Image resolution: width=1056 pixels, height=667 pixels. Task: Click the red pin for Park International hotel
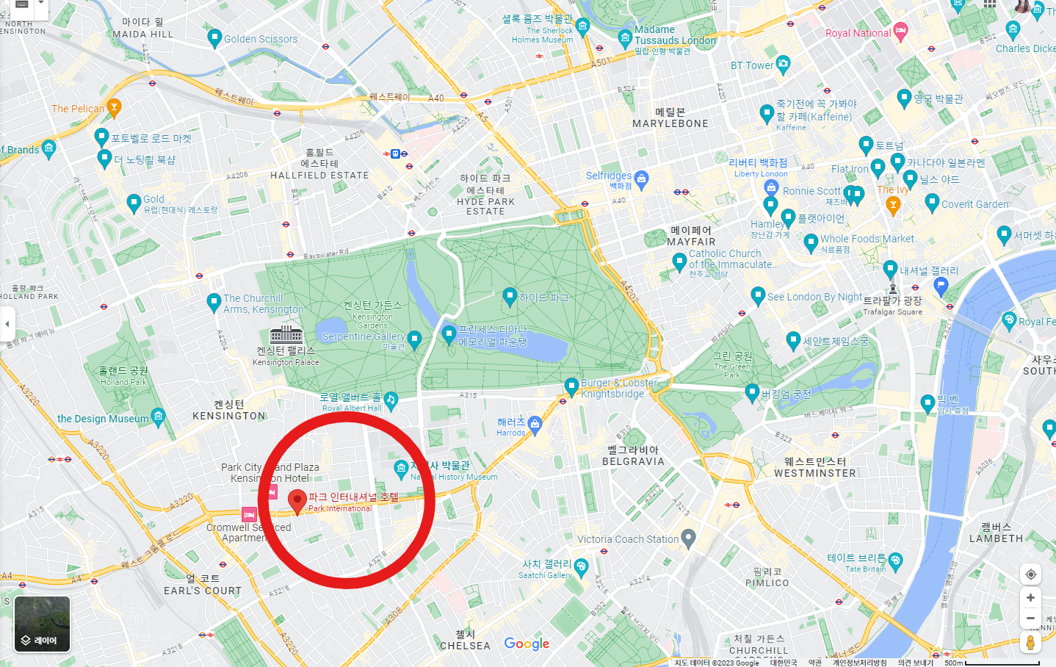pyautogui.click(x=297, y=501)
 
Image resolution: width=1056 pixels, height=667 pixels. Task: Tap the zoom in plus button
pyautogui.click(x=1030, y=598)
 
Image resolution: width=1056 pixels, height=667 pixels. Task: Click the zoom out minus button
pyautogui.click(x=1030, y=619)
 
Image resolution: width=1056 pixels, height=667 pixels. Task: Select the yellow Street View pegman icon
pyautogui.click(x=1030, y=643)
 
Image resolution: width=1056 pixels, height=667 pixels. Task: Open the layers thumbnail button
pyautogui.click(x=42, y=624)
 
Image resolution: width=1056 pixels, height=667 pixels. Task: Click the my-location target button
pyautogui.click(x=1030, y=574)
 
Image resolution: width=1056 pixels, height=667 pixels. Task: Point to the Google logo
pyautogui.click(x=527, y=643)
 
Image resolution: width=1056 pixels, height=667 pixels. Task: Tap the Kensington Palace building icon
pyautogui.click(x=286, y=334)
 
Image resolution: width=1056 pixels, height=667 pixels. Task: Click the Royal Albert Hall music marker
pyautogui.click(x=391, y=400)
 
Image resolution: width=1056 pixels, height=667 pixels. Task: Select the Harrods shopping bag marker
pyautogui.click(x=535, y=423)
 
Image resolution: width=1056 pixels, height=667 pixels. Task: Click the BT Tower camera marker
pyautogui.click(x=783, y=64)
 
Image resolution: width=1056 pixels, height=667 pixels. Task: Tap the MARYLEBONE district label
pyautogui.click(x=670, y=118)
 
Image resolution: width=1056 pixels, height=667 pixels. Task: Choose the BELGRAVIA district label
pyautogui.click(x=633, y=456)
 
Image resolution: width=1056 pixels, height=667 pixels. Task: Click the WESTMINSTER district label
pyautogui.click(x=815, y=468)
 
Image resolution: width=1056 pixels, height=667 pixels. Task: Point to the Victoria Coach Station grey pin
pyautogui.click(x=688, y=538)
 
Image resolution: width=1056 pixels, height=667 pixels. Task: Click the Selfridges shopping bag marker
pyautogui.click(x=641, y=178)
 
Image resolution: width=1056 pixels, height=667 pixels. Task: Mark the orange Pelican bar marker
pyautogui.click(x=114, y=107)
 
